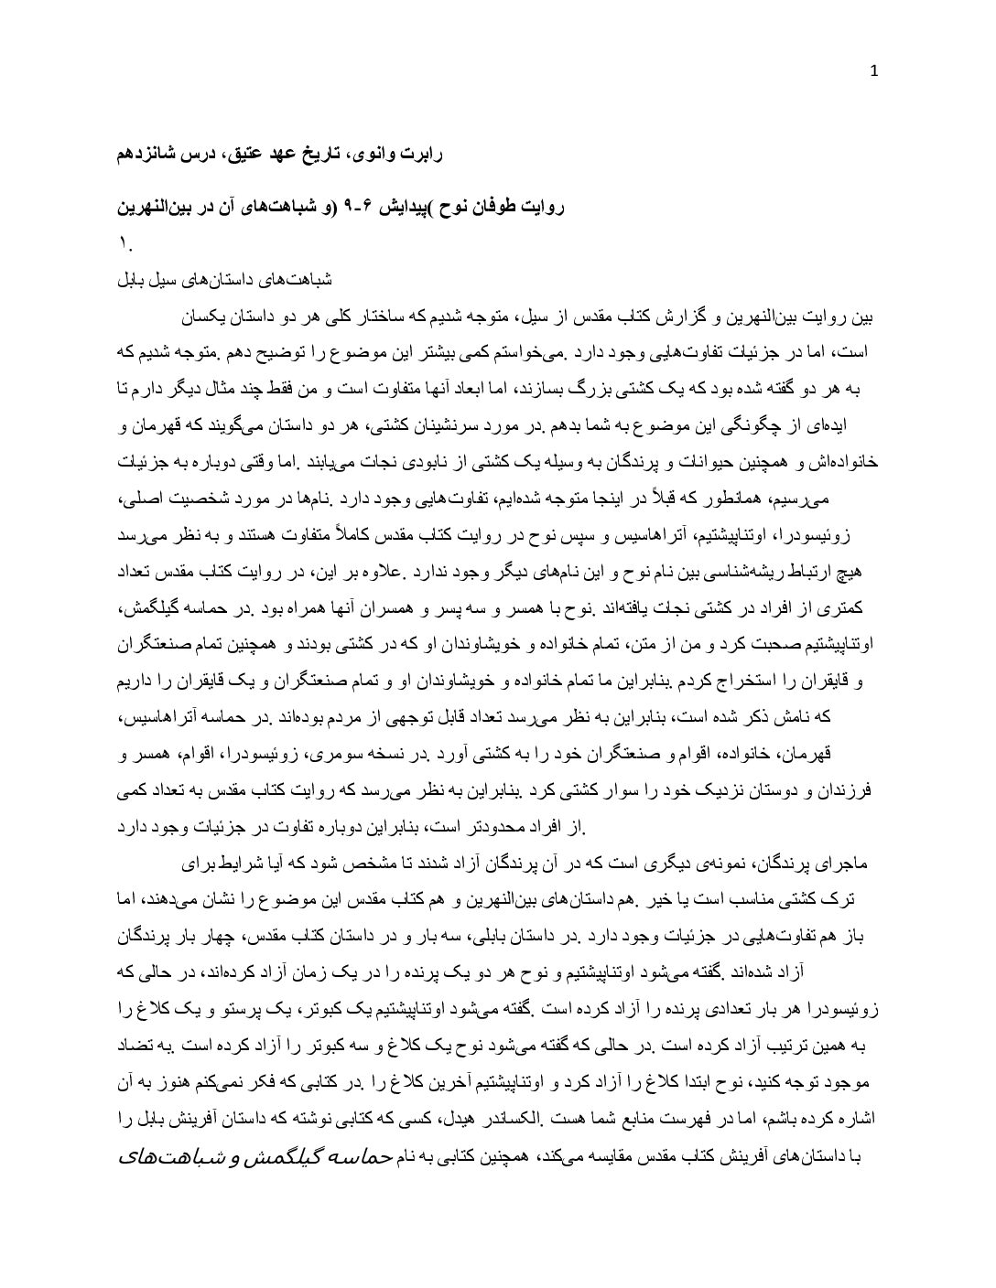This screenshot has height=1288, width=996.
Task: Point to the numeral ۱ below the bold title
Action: tap(125, 243)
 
